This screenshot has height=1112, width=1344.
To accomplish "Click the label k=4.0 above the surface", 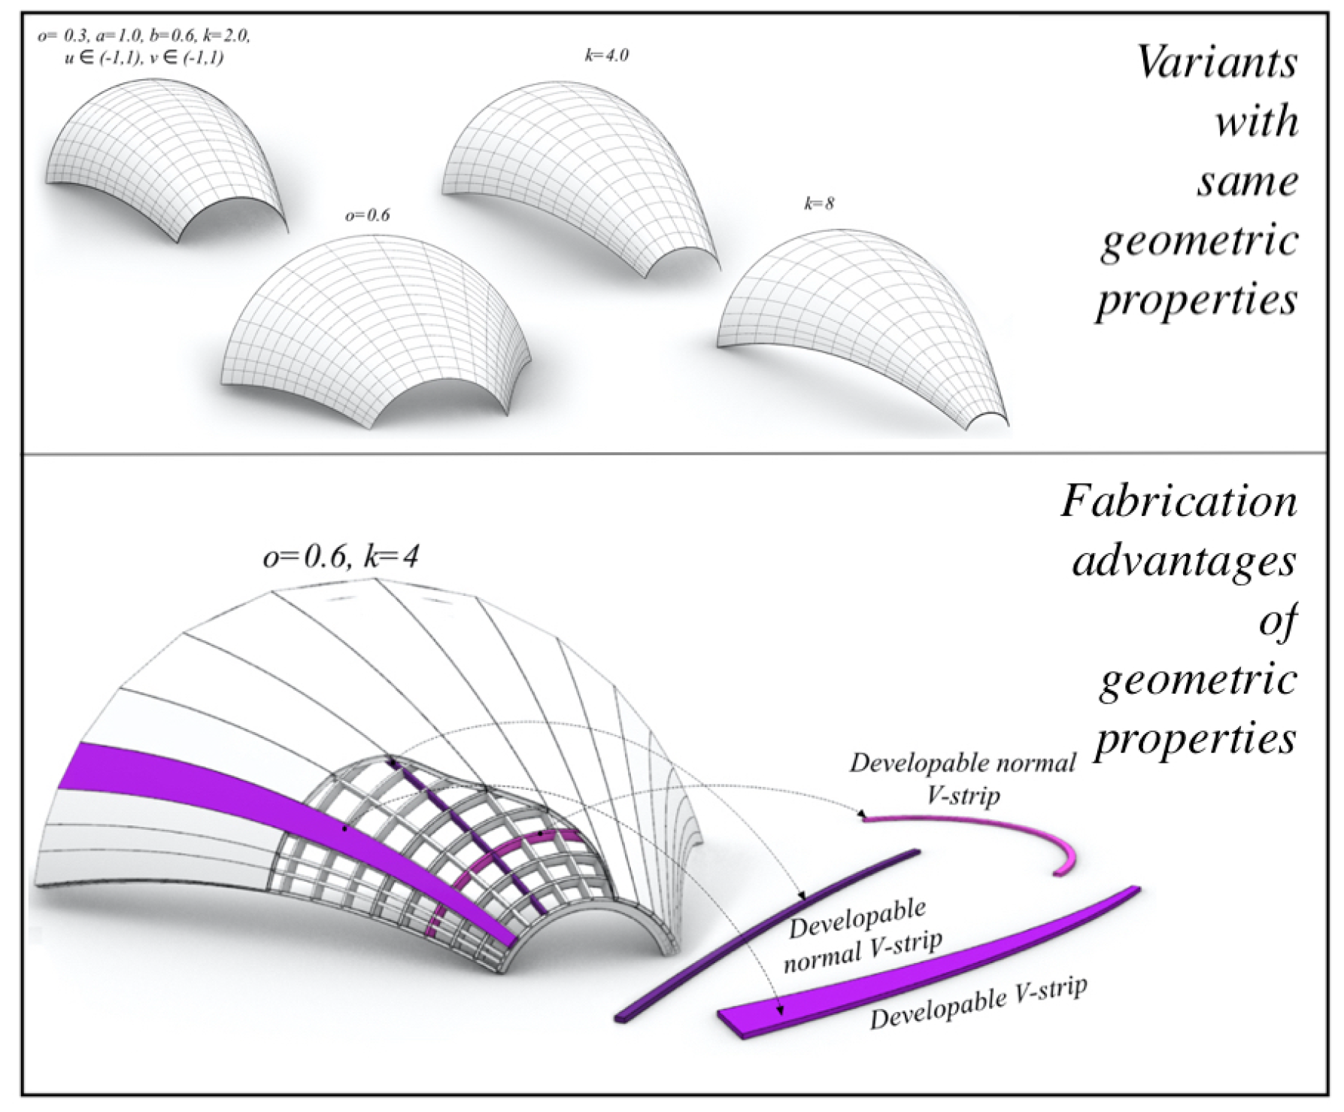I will coord(605,56).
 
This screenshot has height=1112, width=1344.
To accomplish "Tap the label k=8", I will coord(819,203).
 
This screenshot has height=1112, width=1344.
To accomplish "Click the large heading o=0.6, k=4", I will coord(341,558).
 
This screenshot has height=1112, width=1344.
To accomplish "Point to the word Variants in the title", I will coord(1217,62).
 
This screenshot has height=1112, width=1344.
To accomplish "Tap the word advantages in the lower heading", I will coord(1185,562).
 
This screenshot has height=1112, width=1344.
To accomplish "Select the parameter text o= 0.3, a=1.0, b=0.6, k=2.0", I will coord(144,35).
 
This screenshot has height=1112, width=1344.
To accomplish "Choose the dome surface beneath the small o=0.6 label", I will coord(376,324).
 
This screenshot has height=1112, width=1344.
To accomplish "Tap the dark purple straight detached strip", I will coord(767,933).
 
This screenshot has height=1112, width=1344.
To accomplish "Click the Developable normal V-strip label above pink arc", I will coord(963,779).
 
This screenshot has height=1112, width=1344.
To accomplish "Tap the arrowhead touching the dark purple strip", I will coord(802,898).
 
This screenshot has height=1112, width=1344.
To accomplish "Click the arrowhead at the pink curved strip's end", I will coord(863,815).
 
